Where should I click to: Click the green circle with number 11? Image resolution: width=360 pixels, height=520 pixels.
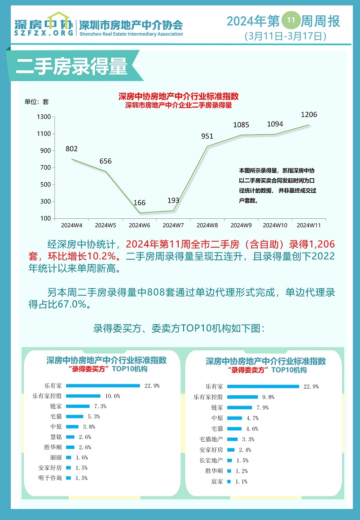point(291,20)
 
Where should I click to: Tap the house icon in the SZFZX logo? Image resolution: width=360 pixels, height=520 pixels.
point(58,19)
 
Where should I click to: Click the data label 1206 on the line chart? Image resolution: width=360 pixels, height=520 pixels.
point(309,114)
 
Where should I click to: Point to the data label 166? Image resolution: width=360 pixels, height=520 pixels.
point(139,203)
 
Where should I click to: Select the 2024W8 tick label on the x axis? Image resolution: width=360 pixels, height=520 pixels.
point(207,225)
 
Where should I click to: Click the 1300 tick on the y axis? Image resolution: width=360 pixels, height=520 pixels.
point(44,117)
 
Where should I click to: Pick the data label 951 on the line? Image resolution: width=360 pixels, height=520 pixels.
point(207,136)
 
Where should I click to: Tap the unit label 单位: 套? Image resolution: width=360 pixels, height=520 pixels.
point(36,102)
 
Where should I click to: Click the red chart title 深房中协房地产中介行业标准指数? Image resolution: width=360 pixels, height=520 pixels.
point(179,96)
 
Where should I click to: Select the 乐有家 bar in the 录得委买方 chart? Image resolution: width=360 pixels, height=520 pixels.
point(103,386)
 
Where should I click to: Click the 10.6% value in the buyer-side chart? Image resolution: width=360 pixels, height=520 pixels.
point(112,396)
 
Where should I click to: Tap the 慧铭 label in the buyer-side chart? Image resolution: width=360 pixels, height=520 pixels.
point(56,437)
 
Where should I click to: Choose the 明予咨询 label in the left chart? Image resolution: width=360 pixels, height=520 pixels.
point(50,478)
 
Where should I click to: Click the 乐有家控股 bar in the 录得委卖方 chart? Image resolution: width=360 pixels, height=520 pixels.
point(242,397)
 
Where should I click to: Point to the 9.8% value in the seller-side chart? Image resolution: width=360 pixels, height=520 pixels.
point(269,397)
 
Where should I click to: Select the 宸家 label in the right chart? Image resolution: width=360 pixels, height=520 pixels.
point(217,482)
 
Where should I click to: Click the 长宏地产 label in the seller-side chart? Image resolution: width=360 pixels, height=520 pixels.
point(211,460)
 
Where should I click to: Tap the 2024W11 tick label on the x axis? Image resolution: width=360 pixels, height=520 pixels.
point(309,225)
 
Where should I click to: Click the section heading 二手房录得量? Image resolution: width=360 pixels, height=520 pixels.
point(72,66)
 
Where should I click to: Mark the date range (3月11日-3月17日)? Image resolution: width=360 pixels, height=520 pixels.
point(285,36)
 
